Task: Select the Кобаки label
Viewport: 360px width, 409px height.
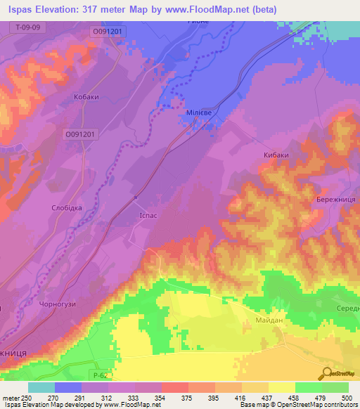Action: point(86,98)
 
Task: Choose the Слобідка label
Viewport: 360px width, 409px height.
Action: point(67,209)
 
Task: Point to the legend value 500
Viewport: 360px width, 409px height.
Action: point(346,398)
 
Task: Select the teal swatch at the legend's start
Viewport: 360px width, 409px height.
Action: point(41,387)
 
